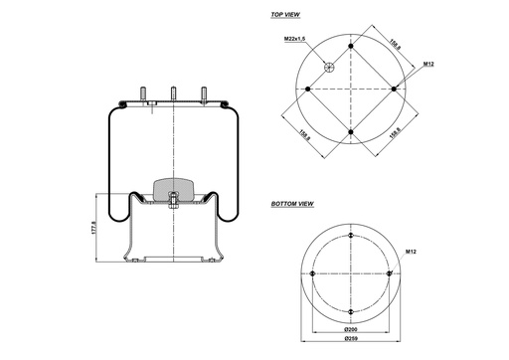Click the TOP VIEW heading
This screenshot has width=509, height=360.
pos(285,16)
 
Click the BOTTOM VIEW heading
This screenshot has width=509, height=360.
pos(292,203)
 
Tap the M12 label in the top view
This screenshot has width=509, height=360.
pos(428,64)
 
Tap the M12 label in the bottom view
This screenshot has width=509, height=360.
pos(409,253)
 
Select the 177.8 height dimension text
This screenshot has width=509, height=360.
pos(93,228)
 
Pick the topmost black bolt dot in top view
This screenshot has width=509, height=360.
pos(352,46)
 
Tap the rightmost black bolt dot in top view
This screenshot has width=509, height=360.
pos(395,89)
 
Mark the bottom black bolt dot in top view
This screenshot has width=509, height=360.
pos(352,131)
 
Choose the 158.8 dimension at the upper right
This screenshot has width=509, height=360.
pos(395,44)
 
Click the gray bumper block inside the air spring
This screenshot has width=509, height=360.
pos(174,188)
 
